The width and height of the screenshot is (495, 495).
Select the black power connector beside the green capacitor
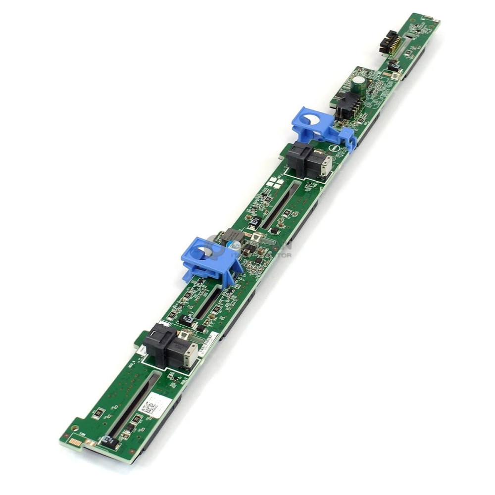pyautogui.click(x=346, y=105)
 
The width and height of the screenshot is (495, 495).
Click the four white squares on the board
pyautogui.click(x=275, y=184)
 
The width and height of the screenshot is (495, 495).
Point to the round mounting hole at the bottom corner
pyautogui.click(x=75, y=426)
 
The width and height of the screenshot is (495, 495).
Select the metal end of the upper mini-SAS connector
pyautogui.click(x=325, y=167)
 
